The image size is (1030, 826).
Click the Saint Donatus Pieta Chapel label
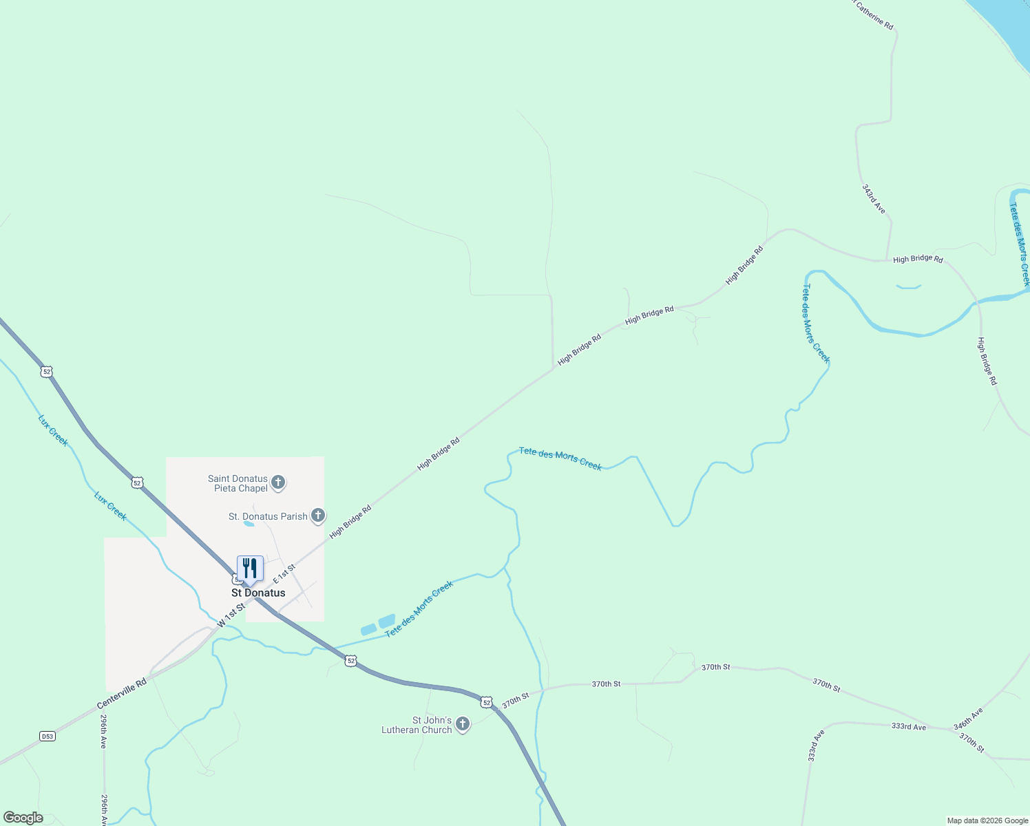coord(238,483)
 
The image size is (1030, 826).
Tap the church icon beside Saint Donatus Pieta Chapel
coord(278,483)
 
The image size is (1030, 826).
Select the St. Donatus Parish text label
coord(268,516)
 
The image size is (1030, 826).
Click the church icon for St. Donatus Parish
coord(317,515)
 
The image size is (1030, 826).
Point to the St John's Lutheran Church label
coord(417,725)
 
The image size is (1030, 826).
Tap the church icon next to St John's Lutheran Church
coord(463,724)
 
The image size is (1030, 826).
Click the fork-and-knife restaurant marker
coord(250,569)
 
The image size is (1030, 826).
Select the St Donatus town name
coord(258,593)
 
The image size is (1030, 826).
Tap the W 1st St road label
coord(231,614)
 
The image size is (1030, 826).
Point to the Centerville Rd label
coord(122,694)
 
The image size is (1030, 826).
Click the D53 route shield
coord(47,737)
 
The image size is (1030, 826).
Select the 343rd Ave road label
coord(874,198)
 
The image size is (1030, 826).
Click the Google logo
coord(23,818)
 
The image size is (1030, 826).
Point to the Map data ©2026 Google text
coord(987,820)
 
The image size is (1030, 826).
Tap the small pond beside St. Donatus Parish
coord(249,524)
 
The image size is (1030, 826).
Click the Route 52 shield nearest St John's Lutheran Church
coord(487,702)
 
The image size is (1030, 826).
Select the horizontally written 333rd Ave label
coord(909,726)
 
